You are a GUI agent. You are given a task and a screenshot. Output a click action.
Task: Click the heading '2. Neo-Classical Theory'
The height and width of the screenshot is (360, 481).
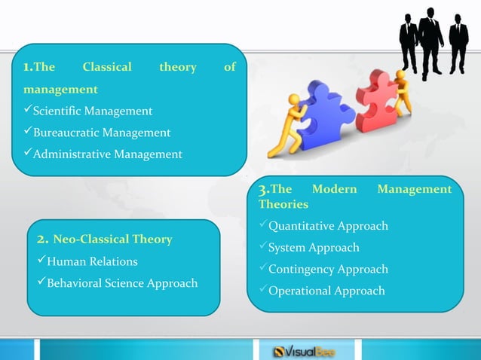[x=105, y=239]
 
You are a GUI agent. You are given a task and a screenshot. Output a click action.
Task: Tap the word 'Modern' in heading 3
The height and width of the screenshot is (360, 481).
[x=334, y=189]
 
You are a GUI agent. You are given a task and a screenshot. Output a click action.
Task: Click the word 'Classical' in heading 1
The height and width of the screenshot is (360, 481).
[x=106, y=68]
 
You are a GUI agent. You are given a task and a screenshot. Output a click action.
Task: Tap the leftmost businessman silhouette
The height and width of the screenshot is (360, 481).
[x=408, y=41]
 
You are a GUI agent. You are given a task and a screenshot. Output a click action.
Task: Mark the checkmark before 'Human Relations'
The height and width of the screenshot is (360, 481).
[x=42, y=261]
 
